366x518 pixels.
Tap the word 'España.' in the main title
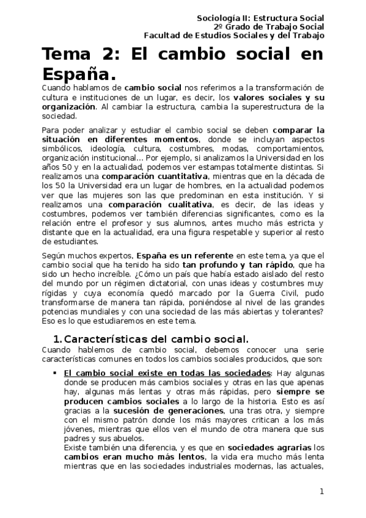click(78, 75)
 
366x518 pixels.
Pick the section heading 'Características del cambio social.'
click(156, 339)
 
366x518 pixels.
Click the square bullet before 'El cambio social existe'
click(56, 373)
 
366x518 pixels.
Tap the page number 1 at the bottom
click(321, 492)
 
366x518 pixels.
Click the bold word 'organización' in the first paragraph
click(68, 106)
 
